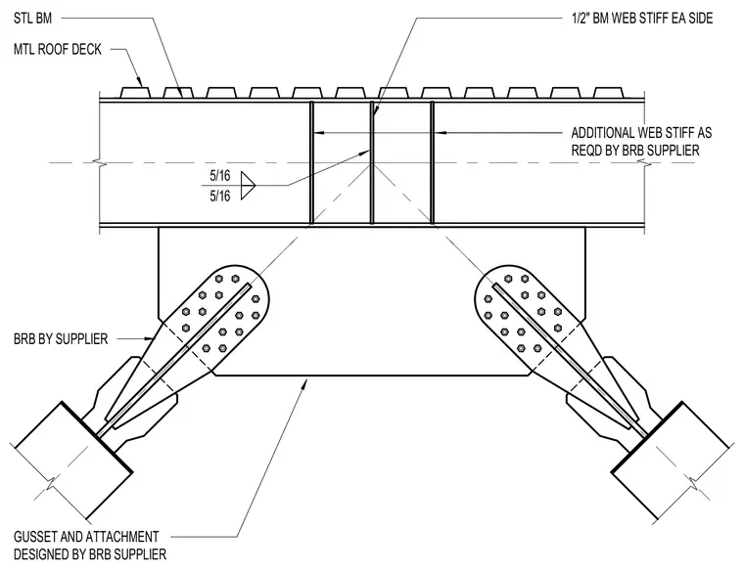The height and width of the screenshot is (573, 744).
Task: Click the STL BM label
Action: [x=32, y=19]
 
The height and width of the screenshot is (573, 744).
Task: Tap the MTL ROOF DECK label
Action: [x=58, y=49]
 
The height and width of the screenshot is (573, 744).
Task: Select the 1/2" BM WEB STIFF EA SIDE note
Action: [x=642, y=19]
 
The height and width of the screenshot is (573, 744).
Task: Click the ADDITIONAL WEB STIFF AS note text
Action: [x=641, y=132]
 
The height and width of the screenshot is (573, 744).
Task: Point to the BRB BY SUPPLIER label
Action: [x=61, y=339]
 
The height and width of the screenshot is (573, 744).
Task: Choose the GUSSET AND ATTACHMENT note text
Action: [x=86, y=537]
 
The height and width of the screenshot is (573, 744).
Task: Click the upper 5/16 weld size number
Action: [x=220, y=176]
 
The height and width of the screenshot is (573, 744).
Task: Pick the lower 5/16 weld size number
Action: [x=220, y=196]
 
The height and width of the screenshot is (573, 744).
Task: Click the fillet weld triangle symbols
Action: [x=248, y=186]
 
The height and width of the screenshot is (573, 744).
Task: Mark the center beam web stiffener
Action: [x=372, y=162]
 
